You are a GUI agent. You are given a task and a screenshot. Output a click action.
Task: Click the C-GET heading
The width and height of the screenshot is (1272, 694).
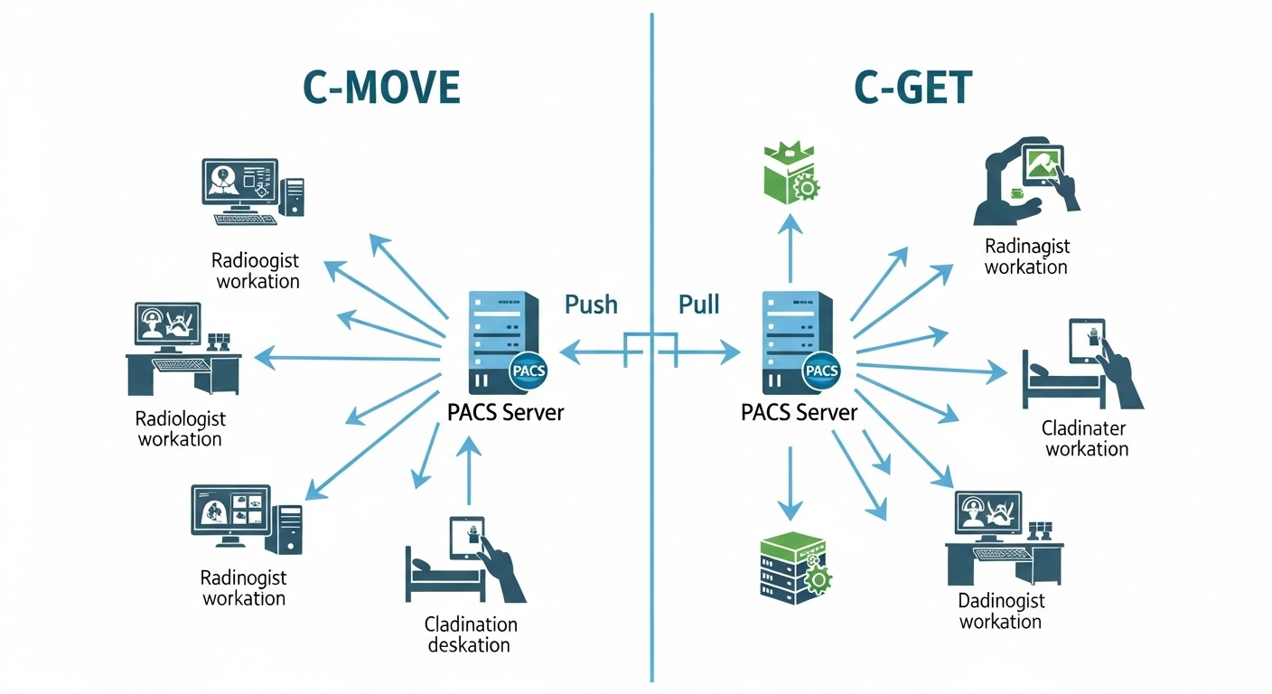912,89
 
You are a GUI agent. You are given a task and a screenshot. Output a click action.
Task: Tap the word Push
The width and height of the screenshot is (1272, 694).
591,305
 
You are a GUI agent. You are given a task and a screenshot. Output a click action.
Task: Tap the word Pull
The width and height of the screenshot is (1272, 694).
698,305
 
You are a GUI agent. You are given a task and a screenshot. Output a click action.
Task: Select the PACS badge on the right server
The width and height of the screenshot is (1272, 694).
820,370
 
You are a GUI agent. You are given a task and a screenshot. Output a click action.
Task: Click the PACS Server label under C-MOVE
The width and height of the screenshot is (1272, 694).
505,413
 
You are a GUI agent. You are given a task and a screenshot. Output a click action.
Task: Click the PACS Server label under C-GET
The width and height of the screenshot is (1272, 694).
799,413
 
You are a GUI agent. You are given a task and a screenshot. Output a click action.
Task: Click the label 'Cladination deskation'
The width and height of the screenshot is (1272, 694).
470,634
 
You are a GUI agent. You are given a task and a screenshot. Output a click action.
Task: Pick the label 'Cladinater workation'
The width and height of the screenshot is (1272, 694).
1086,438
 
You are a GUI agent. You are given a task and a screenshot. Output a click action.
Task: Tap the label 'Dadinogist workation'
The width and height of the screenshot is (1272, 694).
1000,611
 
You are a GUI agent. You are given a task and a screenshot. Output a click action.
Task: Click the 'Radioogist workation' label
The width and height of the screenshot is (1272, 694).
256,270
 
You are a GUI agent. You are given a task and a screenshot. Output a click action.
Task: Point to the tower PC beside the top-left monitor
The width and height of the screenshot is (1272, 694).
292,196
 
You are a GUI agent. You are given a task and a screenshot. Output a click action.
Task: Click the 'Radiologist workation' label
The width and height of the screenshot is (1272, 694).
180,429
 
